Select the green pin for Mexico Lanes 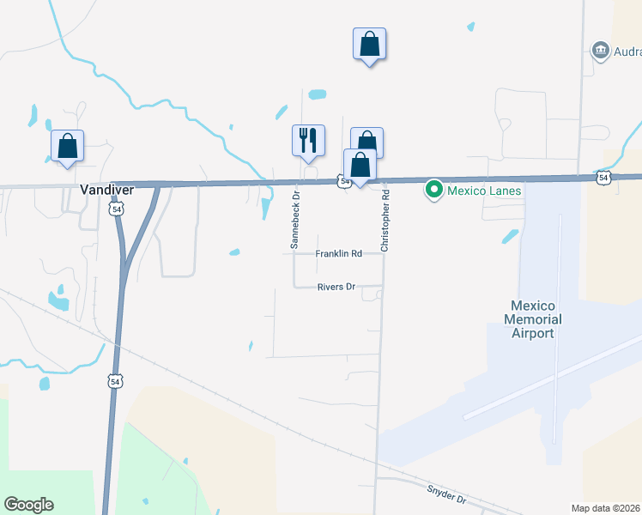pyautogui.click(x=435, y=189)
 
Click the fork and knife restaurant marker pyautogui.click(x=308, y=141)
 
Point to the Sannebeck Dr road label pyautogui.click(x=294, y=221)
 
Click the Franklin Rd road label pyautogui.click(x=338, y=254)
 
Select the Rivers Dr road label pyautogui.click(x=336, y=287)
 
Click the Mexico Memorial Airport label pyautogui.click(x=533, y=319)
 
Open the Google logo pyautogui.click(x=28, y=505)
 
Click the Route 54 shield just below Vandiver pyautogui.click(x=116, y=209)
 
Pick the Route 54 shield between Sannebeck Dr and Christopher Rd pyautogui.click(x=343, y=181)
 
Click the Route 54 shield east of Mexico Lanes pyautogui.click(x=603, y=178)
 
